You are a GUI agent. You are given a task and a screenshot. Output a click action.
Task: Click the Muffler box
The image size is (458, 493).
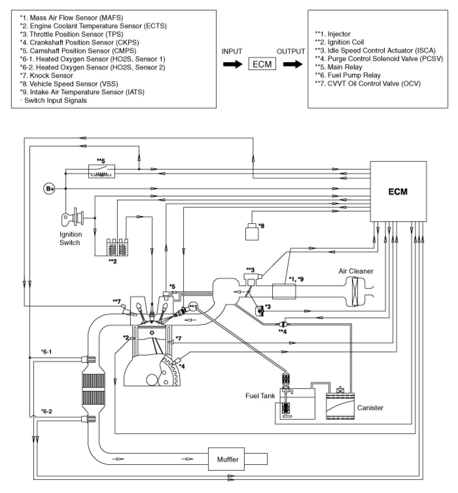[228, 460]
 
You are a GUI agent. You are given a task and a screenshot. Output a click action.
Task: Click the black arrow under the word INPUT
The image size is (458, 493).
[232, 64]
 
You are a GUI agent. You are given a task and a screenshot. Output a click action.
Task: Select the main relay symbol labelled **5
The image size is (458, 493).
[102, 172]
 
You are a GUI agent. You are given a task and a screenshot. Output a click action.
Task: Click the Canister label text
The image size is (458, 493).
[370, 408]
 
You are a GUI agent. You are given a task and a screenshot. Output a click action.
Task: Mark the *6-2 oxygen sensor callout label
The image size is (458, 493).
[47, 411]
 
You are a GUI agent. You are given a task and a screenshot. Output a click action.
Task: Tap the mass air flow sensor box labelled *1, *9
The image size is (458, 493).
[284, 291]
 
